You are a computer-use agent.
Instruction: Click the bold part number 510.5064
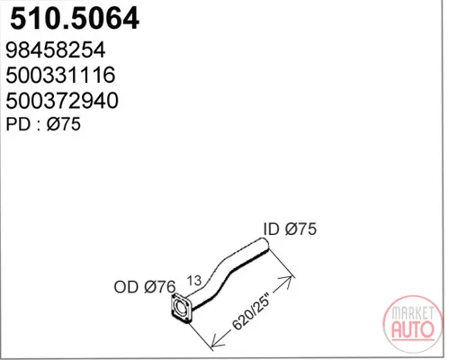[75, 18]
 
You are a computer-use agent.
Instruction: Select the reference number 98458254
[56, 49]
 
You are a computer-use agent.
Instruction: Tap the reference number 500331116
[60, 75]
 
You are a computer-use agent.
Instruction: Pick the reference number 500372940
[62, 100]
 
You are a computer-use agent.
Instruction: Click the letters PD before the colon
[18, 124]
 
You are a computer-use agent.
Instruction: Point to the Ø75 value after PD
[64, 124]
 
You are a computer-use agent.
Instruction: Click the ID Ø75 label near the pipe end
[290, 229]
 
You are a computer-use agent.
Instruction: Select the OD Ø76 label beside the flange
[145, 287]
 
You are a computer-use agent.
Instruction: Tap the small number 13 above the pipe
[194, 281]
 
